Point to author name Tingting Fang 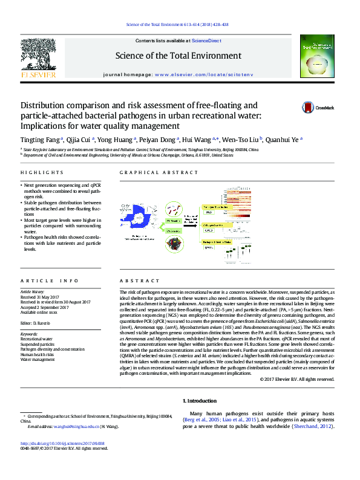click(41, 139)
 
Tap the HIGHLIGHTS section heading click(35, 172)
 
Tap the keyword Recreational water click(36, 340)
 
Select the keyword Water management click(38, 359)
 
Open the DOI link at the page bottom click(62, 443)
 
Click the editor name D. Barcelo click(43, 322)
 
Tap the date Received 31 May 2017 click(43, 297)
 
